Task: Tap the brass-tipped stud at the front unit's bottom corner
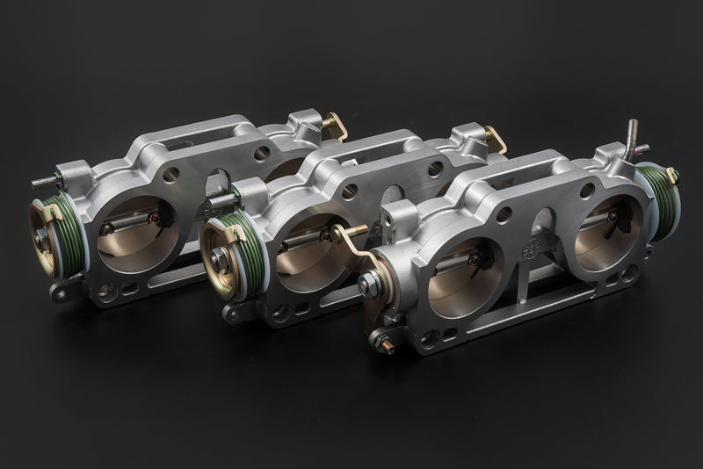pyautogui.click(x=384, y=344)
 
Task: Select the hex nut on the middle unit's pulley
pyautogui.click(x=219, y=260)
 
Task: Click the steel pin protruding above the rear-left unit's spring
pyautogui.click(x=45, y=184)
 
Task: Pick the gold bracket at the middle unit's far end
pyautogui.click(x=496, y=140)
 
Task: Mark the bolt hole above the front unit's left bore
pyautogui.click(x=504, y=213)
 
